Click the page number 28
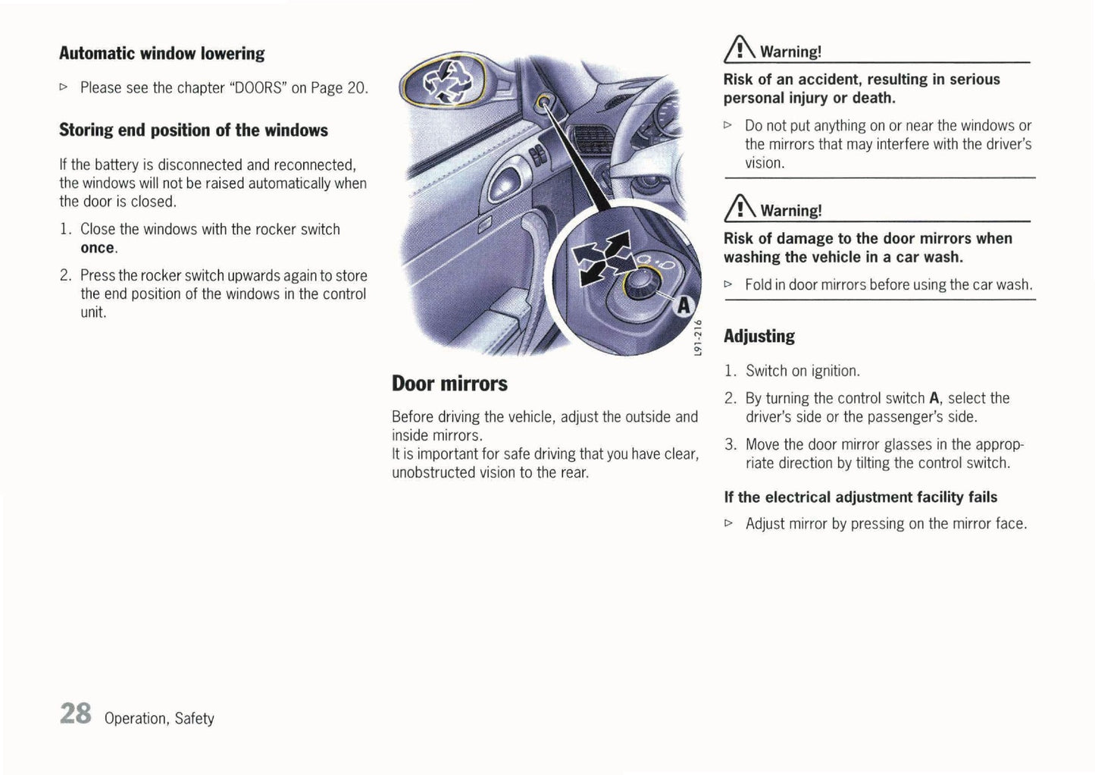(75, 714)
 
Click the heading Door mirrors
(449, 384)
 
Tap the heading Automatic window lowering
(161, 54)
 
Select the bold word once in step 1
(98, 248)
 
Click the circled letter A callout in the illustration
(683, 306)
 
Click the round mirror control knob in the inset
(643, 282)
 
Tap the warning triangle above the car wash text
(740, 209)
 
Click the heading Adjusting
(759, 336)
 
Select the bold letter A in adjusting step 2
(934, 398)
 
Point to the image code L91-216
(698, 337)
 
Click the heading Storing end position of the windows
(193, 130)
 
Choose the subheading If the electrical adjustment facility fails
(860, 497)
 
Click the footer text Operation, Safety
(159, 718)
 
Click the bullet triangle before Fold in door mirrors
(729, 284)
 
